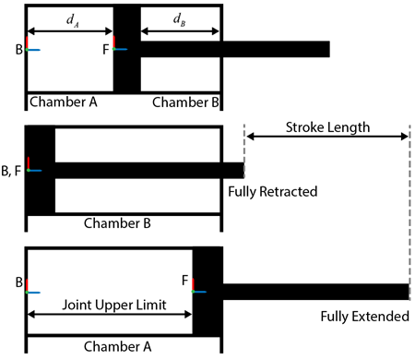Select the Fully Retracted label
coord(272,191)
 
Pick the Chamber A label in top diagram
coord(62,101)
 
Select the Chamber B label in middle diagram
coord(123,222)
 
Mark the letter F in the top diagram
coord(106,48)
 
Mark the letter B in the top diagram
coord(19,48)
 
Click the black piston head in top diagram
coord(126,48)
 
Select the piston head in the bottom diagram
coord(207,290)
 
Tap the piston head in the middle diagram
coord(41,170)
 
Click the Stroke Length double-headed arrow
coord(326,137)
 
